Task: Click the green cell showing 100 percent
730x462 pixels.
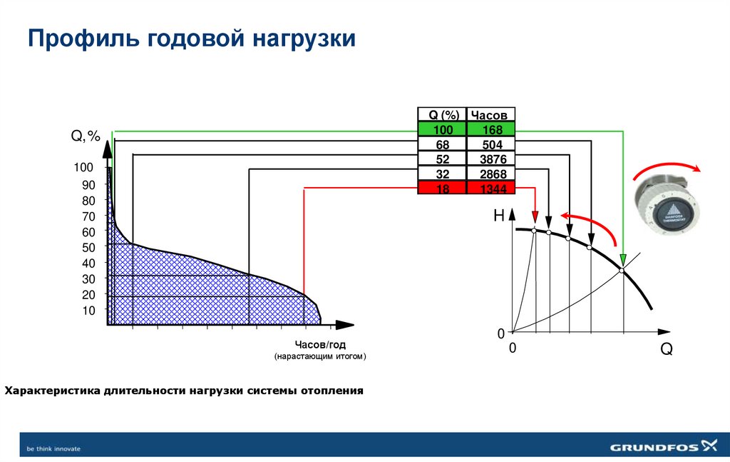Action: click(442, 130)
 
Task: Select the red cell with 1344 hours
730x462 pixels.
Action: click(492, 188)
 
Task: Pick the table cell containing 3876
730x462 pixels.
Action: click(492, 159)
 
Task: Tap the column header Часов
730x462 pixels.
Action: click(492, 115)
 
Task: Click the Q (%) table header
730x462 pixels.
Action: click(442, 115)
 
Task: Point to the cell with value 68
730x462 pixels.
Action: click(442, 144)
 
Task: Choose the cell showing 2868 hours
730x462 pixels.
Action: click(492, 174)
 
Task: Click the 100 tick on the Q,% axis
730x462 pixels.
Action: click(83, 167)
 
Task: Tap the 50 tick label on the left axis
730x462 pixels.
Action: click(88, 248)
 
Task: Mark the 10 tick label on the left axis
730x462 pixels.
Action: click(88, 310)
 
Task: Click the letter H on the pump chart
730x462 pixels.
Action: click(499, 215)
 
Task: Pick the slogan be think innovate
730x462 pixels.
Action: click(53, 448)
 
